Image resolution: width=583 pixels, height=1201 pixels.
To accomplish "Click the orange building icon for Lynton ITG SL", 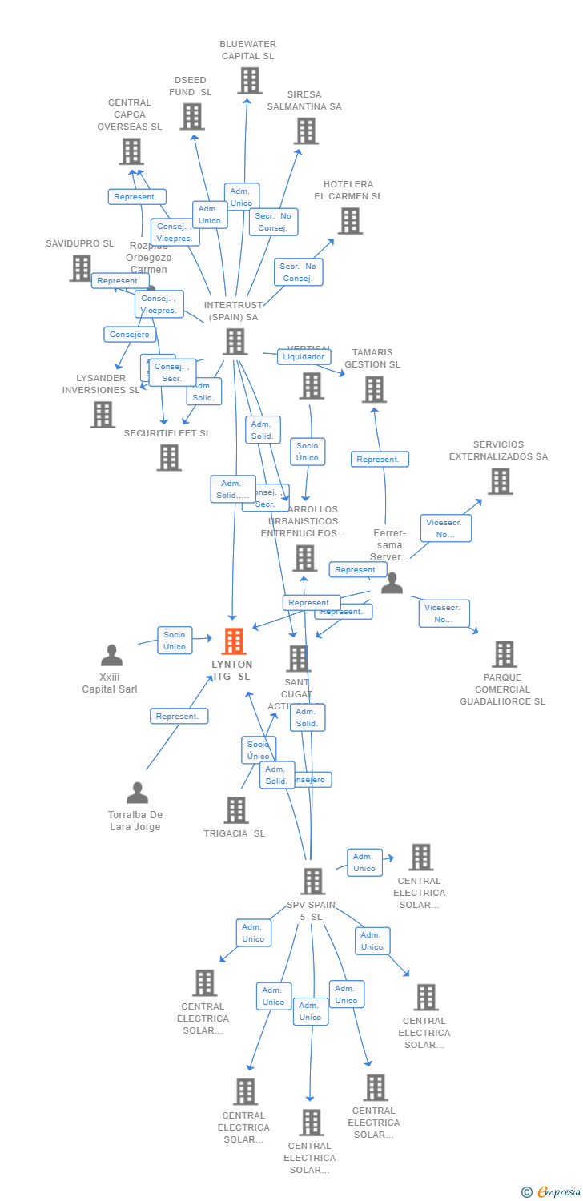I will [233, 641].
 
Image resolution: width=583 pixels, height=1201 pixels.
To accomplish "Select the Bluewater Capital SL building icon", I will [249, 81].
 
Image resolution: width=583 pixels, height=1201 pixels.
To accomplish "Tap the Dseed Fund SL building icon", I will [191, 117].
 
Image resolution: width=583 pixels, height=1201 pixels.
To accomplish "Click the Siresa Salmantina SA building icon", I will [305, 131].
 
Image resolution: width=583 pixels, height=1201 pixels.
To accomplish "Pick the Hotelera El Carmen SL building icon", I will [349, 221].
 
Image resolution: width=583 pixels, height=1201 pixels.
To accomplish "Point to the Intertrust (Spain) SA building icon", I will [235, 342].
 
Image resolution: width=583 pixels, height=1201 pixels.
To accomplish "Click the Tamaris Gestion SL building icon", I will [373, 390].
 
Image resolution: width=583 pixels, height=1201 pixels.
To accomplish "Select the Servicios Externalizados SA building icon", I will [500, 481].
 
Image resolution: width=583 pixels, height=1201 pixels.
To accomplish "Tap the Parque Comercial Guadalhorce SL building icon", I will [503, 654].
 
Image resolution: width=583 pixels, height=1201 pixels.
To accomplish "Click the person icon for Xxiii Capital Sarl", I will [111, 656].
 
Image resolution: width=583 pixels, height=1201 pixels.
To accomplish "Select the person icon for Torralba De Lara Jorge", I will [137, 793].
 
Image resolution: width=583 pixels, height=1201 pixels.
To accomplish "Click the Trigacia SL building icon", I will [235, 810].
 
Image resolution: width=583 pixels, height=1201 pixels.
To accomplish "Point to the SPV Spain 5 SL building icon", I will [312, 882].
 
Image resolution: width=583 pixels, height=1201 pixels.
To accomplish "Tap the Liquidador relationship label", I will [304, 357].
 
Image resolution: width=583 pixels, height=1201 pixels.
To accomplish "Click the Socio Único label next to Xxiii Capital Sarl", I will [175, 641].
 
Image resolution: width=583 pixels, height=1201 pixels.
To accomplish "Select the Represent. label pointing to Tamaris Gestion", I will [380, 460].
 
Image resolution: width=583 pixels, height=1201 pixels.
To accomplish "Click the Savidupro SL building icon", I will [80, 269].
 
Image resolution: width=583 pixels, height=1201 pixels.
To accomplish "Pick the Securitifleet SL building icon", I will [168, 458].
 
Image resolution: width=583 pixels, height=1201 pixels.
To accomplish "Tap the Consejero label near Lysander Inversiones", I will [130, 335].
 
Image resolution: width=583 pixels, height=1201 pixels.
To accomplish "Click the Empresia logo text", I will [558, 1192].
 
